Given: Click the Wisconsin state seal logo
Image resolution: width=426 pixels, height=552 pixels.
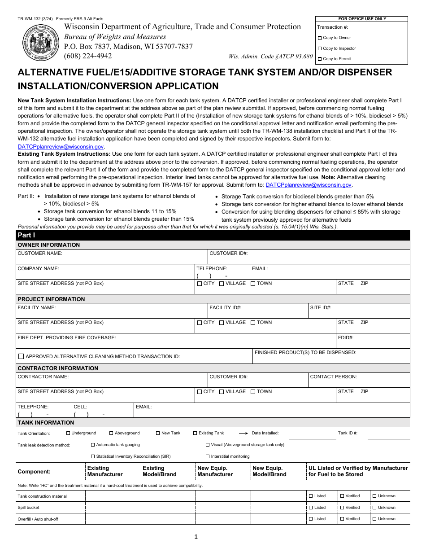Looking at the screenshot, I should [x=40, y=43].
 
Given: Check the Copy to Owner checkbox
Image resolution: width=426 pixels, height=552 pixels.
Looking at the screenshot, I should [x=320, y=38].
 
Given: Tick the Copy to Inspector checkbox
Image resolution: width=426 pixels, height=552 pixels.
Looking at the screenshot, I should [x=320, y=48].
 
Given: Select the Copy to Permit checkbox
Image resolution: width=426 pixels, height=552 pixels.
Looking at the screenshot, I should [x=320, y=59].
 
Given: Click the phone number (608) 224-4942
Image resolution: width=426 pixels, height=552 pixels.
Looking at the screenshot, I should [x=88, y=56].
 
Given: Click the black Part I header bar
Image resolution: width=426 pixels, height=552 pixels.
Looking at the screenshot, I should [x=213, y=235].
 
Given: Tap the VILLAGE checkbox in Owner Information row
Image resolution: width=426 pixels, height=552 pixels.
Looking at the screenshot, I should [x=222, y=284].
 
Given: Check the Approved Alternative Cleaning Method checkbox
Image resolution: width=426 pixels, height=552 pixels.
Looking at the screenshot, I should [x=21, y=356].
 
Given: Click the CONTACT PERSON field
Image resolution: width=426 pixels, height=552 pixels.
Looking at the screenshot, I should [x=359, y=382].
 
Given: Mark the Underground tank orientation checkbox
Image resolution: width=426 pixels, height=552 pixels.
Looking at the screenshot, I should [x=68, y=433].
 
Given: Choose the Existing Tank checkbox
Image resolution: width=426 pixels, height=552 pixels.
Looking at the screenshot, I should [x=195, y=433].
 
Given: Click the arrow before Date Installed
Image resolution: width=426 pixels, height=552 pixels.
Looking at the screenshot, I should [x=243, y=434].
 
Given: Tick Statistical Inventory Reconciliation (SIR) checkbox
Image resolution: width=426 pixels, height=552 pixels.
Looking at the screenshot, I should [x=93, y=456].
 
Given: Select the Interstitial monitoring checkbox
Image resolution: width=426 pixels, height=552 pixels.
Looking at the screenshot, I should [x=208, y=456].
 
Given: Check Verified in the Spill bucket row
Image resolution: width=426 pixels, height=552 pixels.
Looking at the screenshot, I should [x=342, y=508].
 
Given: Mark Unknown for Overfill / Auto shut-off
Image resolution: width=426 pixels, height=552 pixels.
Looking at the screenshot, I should [x=374, y=519].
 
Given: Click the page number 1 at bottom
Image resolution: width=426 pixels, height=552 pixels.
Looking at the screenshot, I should [x=196, y=536].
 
